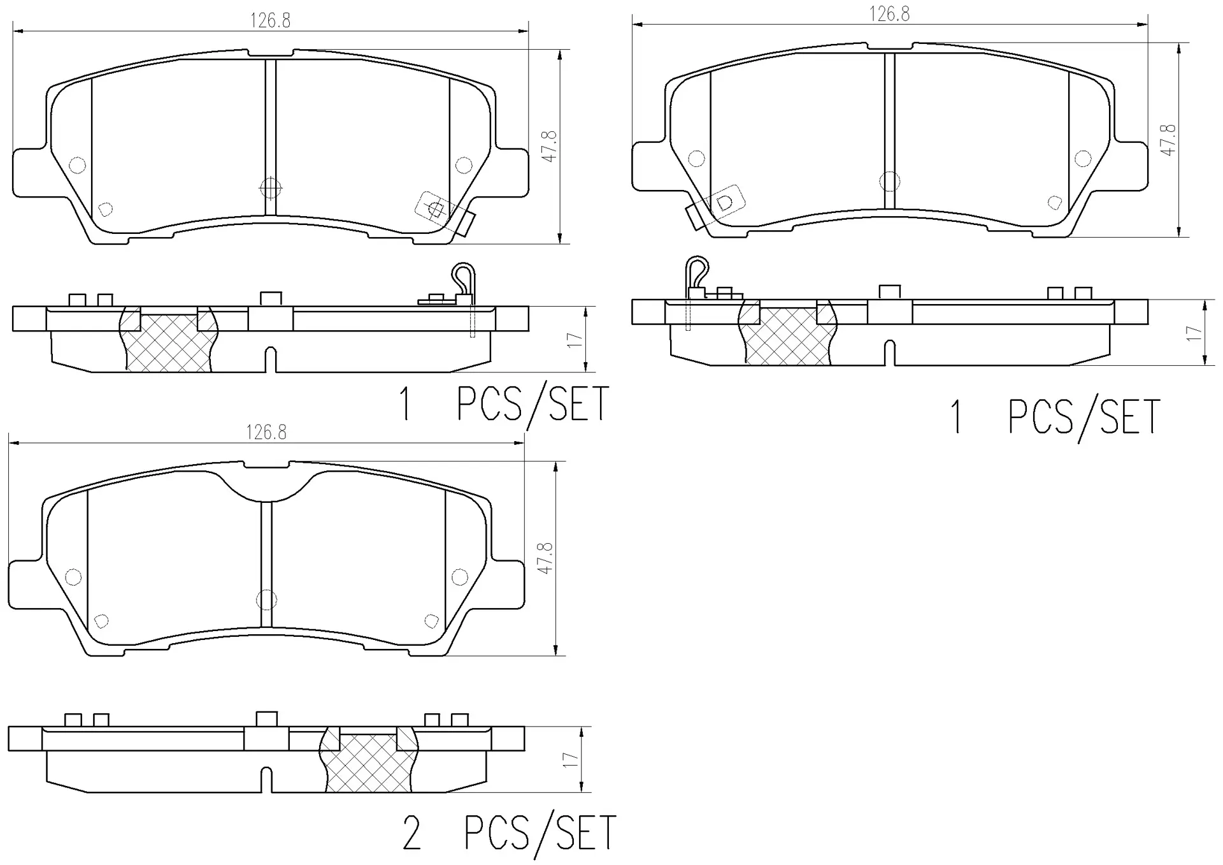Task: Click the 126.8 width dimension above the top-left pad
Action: click(270, 21)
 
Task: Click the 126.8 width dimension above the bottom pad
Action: click(266, 433)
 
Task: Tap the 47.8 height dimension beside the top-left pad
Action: click(549, 146)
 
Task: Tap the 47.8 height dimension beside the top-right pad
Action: click(1168, 140)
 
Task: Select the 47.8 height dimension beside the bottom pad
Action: click(545, 558)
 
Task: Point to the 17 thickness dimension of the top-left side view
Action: click(575, 340)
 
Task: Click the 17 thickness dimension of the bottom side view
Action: click(571, 760)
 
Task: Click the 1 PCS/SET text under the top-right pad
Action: click(1054, 418)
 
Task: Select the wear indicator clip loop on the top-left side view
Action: click(463, 275)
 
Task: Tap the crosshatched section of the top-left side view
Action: click(168, 344)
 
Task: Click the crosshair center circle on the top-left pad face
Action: click(271, 187)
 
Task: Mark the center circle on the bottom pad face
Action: click(266, 599)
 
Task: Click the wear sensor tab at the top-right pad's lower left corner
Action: click(695, 217)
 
